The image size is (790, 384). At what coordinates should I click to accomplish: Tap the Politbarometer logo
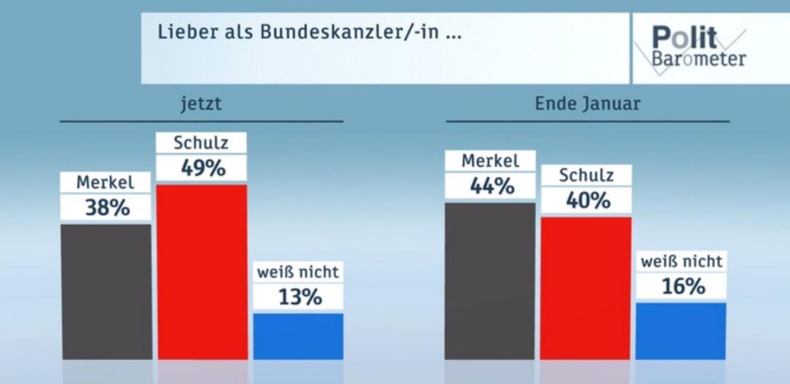[x=698, y=48]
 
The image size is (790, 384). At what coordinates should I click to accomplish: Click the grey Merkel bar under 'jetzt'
[x=106, y=291]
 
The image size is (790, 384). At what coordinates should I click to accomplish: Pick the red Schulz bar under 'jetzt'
[x=201, y=272]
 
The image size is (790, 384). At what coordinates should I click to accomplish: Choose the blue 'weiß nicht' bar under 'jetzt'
[x=298, y=336]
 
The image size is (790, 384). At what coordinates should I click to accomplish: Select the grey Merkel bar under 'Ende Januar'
[x=490, y=281]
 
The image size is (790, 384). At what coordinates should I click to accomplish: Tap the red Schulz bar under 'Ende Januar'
[x=586, y=288]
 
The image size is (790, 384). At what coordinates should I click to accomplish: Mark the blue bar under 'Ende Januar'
[x=682, y=331]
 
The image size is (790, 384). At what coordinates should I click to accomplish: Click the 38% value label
[x=106, y=208]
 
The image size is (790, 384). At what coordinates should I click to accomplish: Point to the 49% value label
[x=201, y=168]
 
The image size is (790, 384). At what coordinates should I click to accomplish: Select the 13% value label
[x=298, y=297]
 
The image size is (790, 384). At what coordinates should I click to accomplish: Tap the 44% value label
[x=490, y=187]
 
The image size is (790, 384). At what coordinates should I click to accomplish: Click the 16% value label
[x=682, y=287]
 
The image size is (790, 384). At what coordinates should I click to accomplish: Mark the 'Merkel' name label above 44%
[x=490, y=161]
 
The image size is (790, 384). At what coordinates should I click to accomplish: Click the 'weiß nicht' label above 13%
[x=298, y=272]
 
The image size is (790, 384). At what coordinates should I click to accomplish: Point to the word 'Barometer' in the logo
[x=698, y=59]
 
